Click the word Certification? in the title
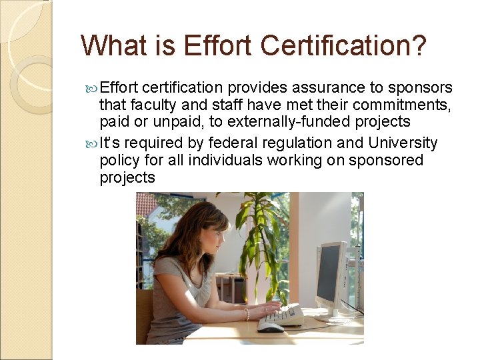pyautogui.click(x=343, y=45)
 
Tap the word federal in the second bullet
pyautogui.click(x=227, y=143)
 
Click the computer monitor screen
pyautogui.click(x=328, y=273)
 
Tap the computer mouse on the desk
pyautogui.click(x=270, y=327)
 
